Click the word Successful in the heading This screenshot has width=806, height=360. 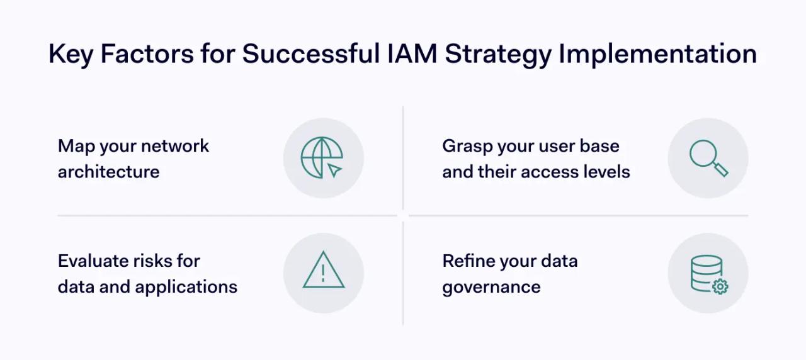(x=309, y=55)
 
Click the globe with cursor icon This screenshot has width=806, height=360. (x=323, y=158)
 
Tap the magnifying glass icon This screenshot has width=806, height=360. (x=708, y=158)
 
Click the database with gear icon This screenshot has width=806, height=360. (x=708, y=274)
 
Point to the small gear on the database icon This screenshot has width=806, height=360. (x=720, y=286)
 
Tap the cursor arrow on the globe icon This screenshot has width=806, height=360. (x=335, y=170)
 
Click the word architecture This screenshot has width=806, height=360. (x=108, y=172)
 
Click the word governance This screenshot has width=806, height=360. (x=491, y=287)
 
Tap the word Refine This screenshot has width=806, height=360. (x=467, y=261)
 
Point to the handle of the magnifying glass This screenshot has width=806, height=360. (x=720, y=169)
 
